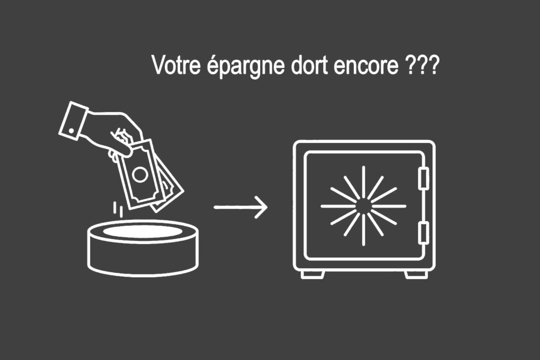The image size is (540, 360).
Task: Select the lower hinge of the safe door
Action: pos(423,234)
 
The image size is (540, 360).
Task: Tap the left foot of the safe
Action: pos(313,275)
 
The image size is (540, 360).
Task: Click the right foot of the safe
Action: pos(415,275)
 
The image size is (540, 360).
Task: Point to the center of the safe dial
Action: pos(364,206)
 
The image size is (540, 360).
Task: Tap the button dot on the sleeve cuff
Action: pos(71,131)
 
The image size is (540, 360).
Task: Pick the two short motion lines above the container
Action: pos(118,209)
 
